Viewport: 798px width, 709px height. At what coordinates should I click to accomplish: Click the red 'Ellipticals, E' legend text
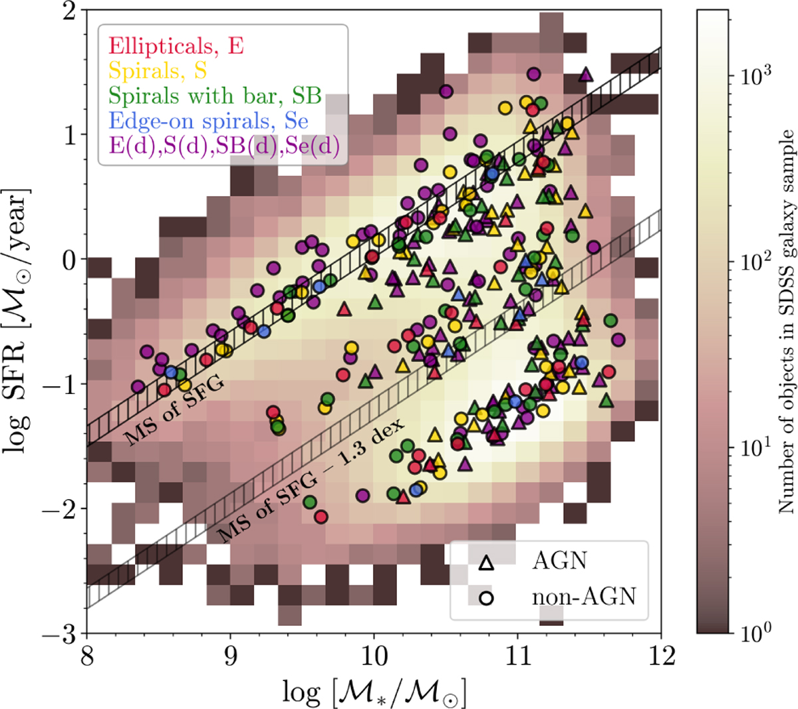tap(176, 47)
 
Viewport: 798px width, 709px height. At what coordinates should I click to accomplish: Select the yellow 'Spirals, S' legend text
tap(158, 71)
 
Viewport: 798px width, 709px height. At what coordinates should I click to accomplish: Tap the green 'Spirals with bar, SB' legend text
tap(215, 96)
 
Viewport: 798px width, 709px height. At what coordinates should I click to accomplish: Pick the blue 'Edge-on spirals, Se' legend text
tap(207, 122)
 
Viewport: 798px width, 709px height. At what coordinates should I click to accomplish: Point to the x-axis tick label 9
tap(230, 657)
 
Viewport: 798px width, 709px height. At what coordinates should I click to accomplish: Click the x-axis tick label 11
tap(517, 657)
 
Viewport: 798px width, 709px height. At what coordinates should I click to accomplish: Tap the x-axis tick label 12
tap(661, 657)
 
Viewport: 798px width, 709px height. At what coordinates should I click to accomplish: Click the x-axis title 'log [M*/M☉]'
tap(373, 691)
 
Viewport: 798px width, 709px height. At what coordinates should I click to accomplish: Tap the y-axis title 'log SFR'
tap(20, 322)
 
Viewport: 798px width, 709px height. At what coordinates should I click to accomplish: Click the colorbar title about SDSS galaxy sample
tap(787, 322)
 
